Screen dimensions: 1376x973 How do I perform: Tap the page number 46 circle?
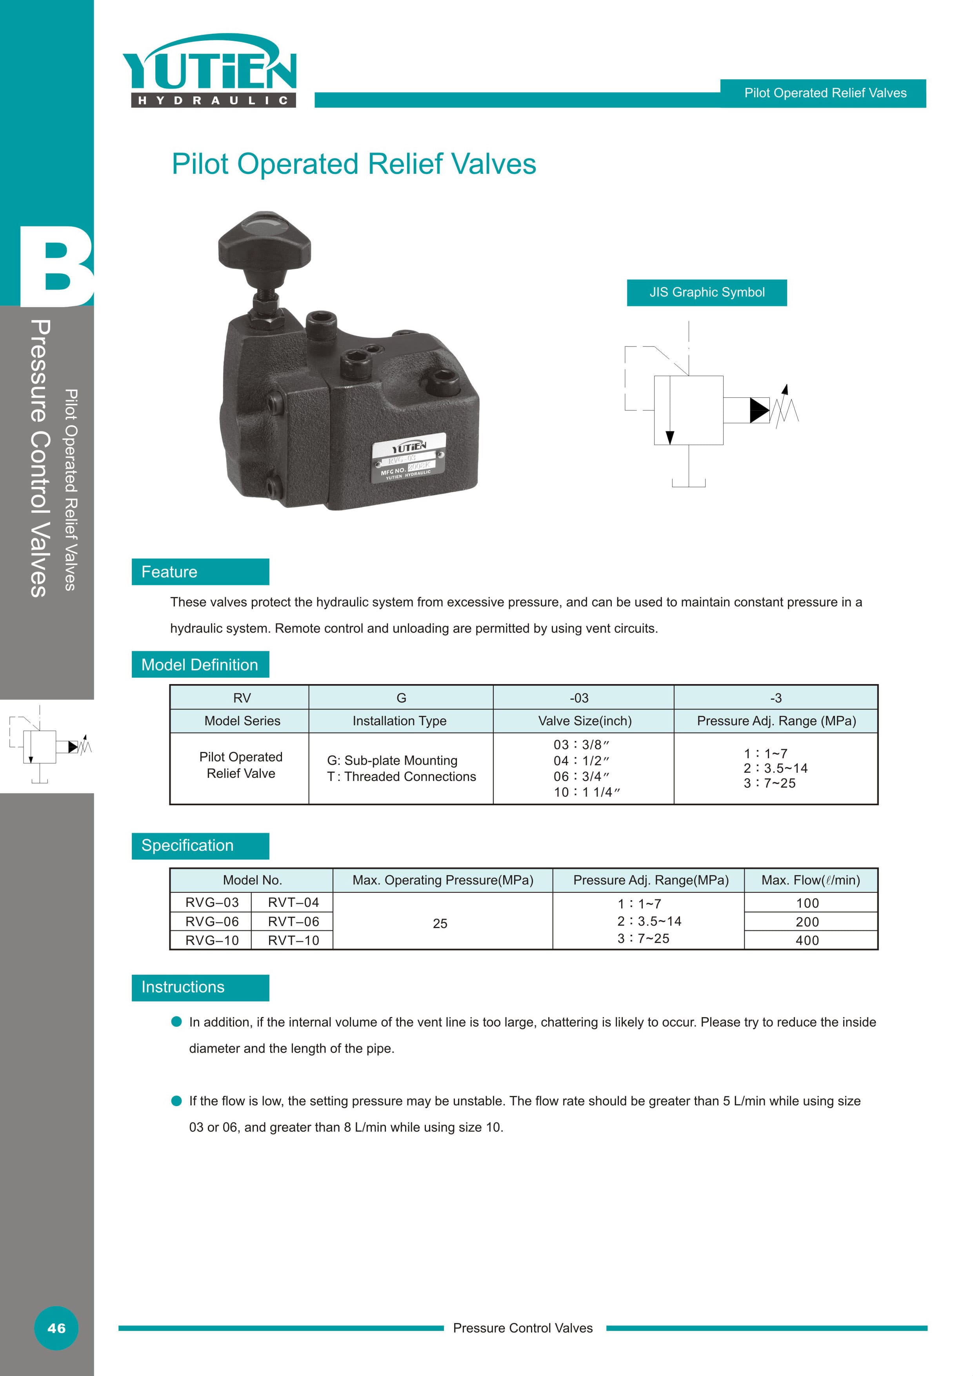[56, 1328]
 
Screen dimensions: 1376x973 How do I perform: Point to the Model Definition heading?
[200, 664]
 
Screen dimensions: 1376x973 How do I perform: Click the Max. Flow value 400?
[807, 940]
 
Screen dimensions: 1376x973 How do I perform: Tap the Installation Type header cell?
[400, 721]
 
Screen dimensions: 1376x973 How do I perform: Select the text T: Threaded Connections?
[402, 777]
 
